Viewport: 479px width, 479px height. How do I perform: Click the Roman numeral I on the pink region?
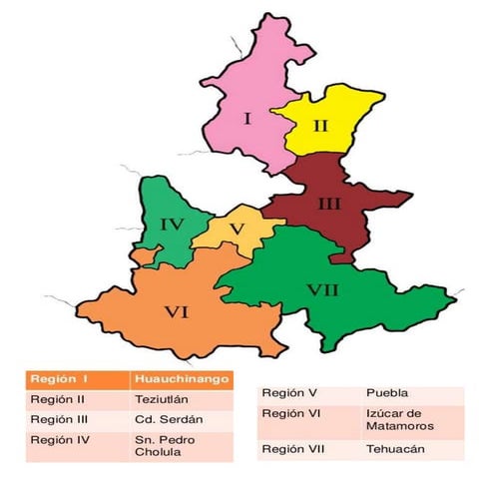246,120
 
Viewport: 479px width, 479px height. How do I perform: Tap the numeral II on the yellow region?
319,126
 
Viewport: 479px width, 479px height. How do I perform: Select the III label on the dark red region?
329,205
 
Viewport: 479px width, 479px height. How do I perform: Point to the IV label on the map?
172,225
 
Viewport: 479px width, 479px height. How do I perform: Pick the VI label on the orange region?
177,312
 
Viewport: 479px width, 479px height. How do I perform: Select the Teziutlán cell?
159,399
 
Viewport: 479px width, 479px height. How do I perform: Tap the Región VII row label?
294,450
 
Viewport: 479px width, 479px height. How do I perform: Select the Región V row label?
290,393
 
